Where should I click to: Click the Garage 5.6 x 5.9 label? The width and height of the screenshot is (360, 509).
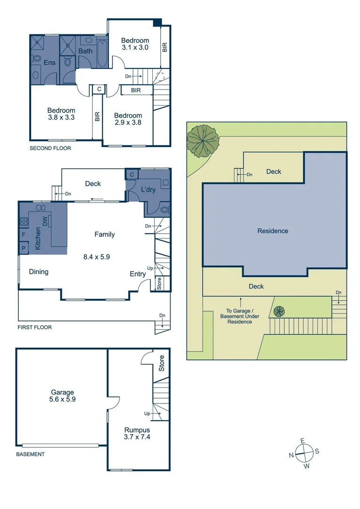point(63,395)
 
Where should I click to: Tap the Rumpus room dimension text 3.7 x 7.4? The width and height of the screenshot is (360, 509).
point(137,437)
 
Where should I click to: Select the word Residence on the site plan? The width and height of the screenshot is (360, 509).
point(273,231)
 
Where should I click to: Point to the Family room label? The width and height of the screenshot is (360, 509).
point(105,234)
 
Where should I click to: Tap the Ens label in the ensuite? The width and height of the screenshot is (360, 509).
point(49,63)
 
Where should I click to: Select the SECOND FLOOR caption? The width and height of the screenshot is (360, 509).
point(50,148)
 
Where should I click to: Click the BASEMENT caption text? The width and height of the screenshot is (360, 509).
point(31,454)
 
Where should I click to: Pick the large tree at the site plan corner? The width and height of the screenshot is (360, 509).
point(203,140)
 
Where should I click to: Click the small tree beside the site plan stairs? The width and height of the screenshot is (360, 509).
point(279,312)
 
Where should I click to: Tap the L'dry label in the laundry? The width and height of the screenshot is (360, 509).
point(148,190)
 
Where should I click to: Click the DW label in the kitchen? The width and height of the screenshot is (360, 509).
point(46,222)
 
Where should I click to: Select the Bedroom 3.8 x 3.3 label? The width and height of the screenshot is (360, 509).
point(61,114)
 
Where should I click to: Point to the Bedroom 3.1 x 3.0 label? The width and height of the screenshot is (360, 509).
point(135,44)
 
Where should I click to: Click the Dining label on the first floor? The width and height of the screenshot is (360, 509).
point(39,271)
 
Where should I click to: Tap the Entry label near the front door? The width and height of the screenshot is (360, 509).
point(138,274)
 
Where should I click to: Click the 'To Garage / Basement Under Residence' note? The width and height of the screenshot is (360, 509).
point(241,316)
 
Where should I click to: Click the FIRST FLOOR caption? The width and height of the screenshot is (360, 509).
point(35,327)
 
